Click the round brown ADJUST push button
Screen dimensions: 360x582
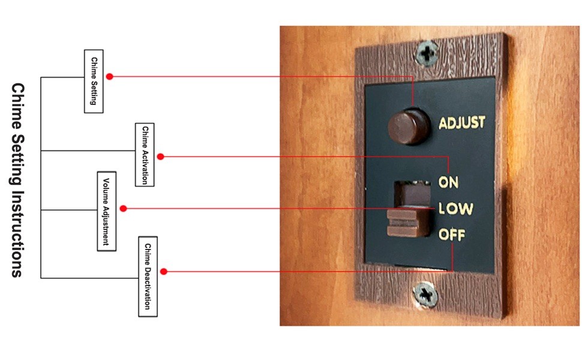[407, 125]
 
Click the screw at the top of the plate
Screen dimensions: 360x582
[427, 54]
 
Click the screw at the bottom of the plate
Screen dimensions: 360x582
[425, 294]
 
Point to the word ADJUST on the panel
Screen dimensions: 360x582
[462, 123]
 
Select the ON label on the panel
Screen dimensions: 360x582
[449, 182]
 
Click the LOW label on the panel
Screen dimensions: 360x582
[455, 209]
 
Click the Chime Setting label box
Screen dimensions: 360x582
[94, 81]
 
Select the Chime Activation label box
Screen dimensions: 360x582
[145, 154]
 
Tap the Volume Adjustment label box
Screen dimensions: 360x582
[106, 211]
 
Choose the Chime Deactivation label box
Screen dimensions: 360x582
[147, 276]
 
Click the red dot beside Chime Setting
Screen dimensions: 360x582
[110, 76]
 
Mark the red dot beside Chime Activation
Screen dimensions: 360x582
[160, 156]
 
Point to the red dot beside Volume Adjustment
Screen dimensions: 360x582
[123, 208]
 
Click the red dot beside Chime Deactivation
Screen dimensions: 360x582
[163, 271]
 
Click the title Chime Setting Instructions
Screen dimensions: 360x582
[17, 180]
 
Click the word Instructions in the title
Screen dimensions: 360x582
[17, 233]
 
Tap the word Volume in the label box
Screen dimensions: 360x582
[106, 192]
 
